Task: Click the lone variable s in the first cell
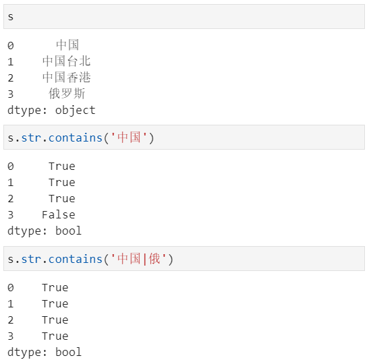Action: (x=11, y=17)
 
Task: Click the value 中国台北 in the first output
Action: (x=67, y=61)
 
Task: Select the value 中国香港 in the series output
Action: (x=67, y=78)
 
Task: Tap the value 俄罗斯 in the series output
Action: (x=67, y=93)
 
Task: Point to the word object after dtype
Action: (x=76, y=111)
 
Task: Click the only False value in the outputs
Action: (x=59, y=214)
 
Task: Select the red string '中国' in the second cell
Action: (x=129, y=138)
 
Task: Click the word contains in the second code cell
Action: (x=76, y=138)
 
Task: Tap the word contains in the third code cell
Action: (x=76, y=259)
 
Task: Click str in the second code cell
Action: (x=31, y=138)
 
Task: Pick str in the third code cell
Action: (x=31, y=259)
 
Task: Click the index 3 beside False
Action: (x=11, y=215)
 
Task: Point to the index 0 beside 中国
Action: (x=11, y=46)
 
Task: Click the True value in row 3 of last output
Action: (x=55, y=336)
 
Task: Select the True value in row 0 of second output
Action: (x=62, y=167)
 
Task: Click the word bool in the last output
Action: (x=69, y=352)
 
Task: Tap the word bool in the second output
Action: (x=69, y=231)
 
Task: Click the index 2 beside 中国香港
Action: (x=11, y=78)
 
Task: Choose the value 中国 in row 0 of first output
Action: (x=67, y=45)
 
